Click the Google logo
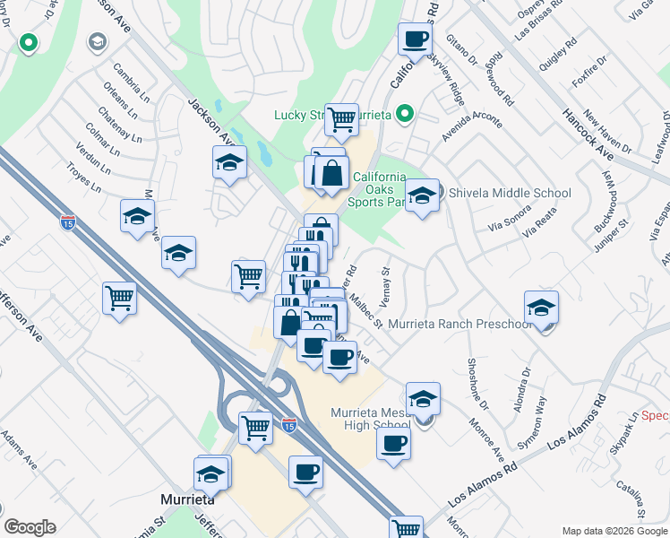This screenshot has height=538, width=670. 30,527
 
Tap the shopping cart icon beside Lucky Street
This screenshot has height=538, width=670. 341,118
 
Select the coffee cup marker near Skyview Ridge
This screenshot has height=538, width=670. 415,39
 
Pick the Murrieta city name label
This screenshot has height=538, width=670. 185,499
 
